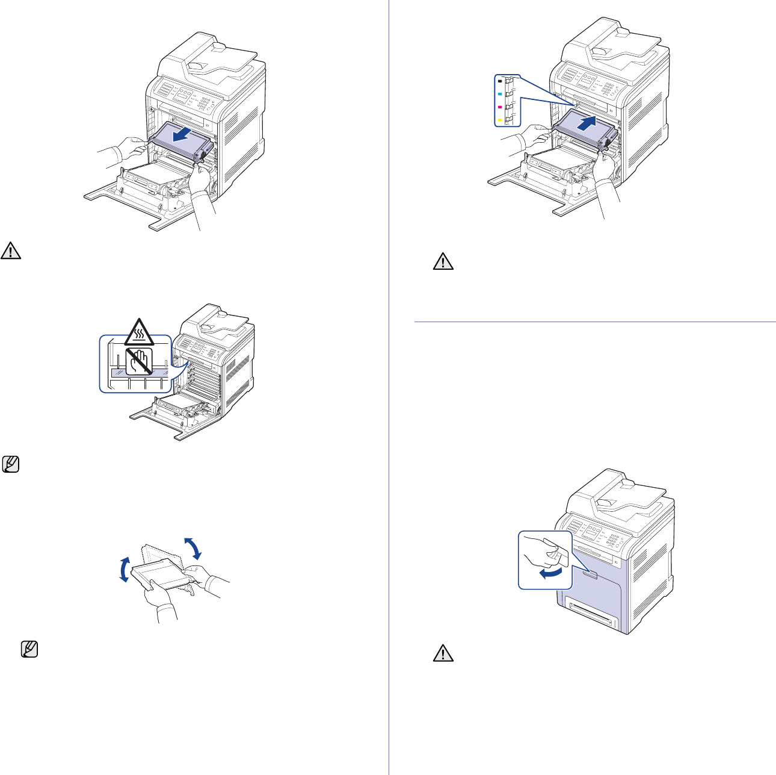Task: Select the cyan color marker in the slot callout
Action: (500, 94)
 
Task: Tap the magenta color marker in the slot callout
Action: (500, 107)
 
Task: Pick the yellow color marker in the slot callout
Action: (500, 120)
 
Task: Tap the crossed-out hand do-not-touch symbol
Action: (138, 360)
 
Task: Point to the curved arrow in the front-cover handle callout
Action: (552, 573)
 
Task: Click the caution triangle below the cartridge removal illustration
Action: (11, 251)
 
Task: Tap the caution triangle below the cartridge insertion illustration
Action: (443, 261)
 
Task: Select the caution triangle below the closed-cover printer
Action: (443, 655)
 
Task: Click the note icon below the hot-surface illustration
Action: (10, 464)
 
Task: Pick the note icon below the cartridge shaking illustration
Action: (29, 649)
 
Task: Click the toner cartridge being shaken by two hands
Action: (158, 571)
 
